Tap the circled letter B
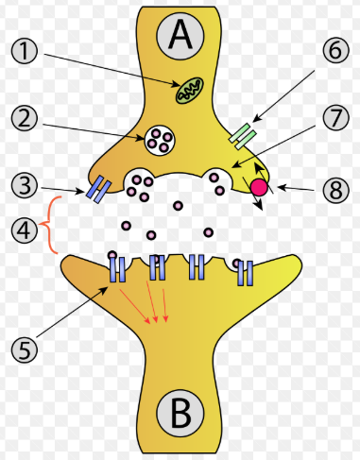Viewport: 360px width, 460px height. (180, 413)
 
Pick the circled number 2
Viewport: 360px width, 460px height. (28, 118)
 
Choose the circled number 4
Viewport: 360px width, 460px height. (28, 228)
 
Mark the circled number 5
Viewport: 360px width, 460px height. (28, 349)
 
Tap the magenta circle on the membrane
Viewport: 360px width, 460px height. (258, 188)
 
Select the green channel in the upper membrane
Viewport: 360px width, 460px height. (243, 136)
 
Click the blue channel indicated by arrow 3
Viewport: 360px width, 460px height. (96, 190)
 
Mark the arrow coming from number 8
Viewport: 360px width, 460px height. (293, 189)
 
